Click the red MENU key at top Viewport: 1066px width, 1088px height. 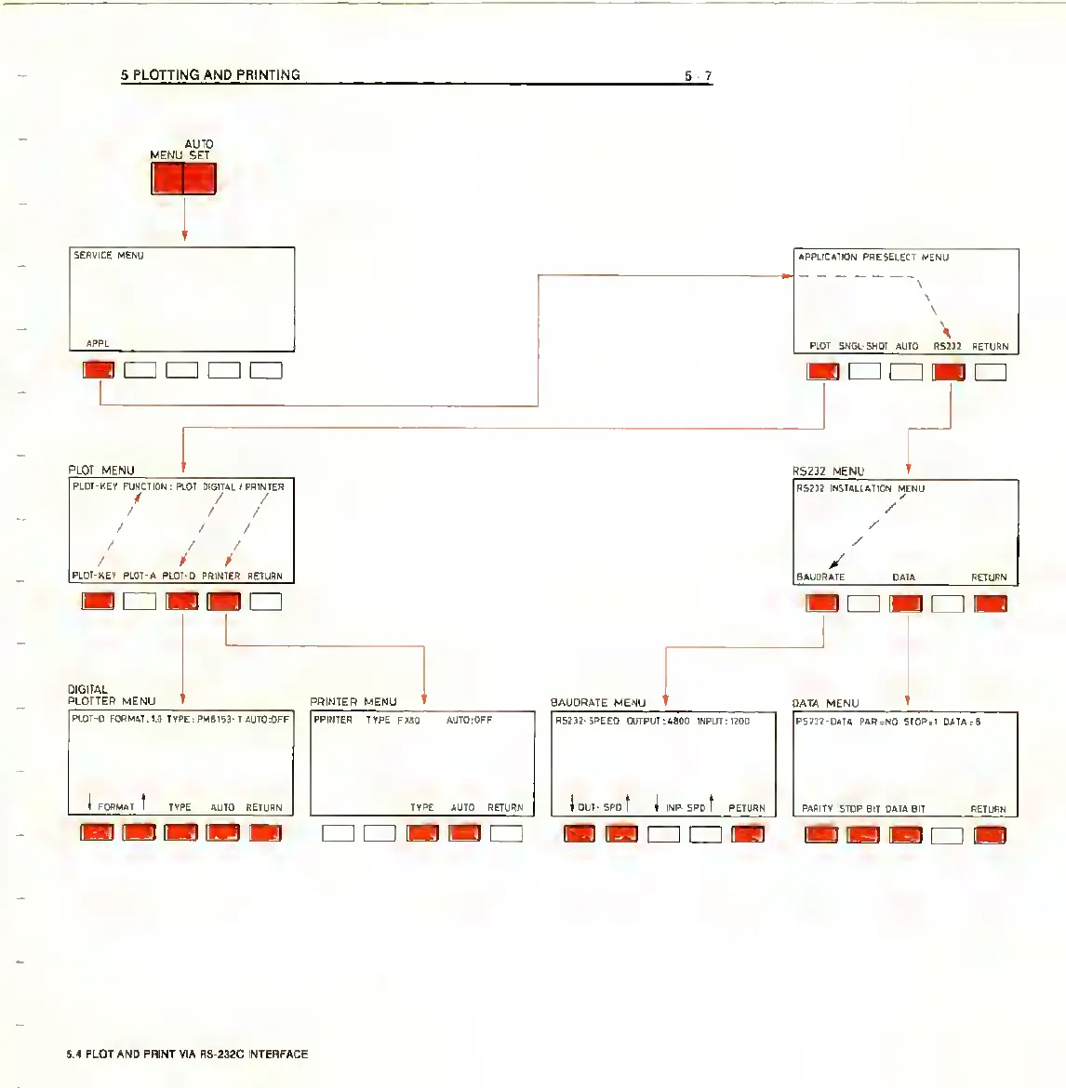[167, 179]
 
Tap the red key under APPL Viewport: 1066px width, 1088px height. [99, 370]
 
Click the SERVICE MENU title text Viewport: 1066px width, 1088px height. [109, 255]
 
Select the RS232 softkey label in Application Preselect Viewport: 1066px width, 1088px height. [947, 346]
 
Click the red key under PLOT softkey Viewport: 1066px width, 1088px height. [822, 372]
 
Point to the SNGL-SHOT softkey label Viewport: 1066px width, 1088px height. [863, 346]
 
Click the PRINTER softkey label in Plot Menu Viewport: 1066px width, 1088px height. [220, 576]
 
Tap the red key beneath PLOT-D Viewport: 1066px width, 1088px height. [182, 602]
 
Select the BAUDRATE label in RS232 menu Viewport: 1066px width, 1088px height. [820, 577]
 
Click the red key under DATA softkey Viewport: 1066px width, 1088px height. [906, 604]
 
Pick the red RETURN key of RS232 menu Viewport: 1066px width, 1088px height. [990, 604]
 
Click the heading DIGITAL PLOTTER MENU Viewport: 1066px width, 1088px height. [112, 696]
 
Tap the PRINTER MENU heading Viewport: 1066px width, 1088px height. [353, 701]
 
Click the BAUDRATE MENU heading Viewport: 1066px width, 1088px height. [597, 702]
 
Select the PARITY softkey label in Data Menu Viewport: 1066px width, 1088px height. [818, 808]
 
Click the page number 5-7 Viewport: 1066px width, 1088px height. [698, 76]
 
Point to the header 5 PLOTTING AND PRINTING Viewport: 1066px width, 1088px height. [210, 74]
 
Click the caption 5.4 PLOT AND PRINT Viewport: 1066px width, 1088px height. [187, 1054]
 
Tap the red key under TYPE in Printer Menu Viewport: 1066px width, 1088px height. [422, 833]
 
